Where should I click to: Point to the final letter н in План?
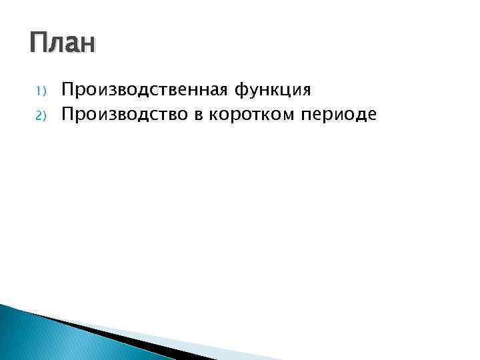coord(89,46)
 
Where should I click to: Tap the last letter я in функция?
coord(306,90)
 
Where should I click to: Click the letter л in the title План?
coord(56,46)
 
